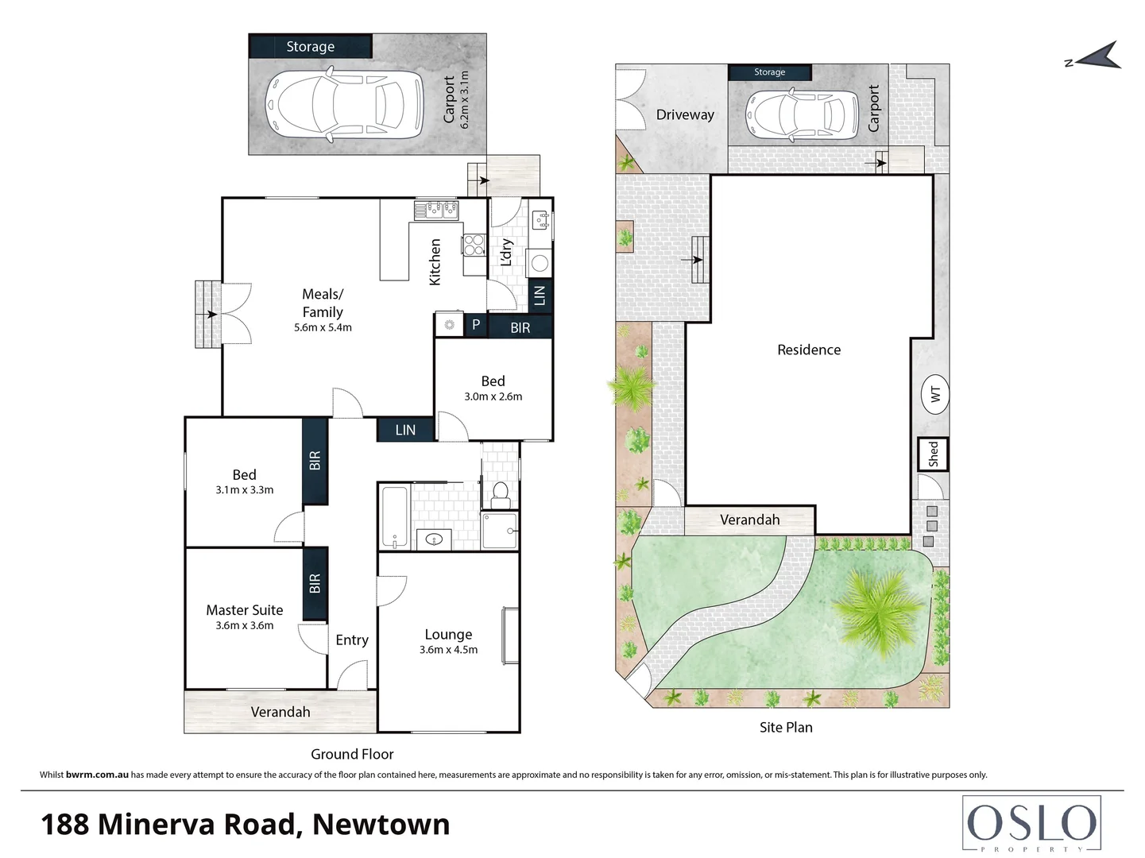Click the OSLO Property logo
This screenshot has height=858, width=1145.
coord(1031,824)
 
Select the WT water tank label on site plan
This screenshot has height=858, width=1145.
coord(935,393)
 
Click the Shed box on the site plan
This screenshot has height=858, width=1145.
coord(933,454)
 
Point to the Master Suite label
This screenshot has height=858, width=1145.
coord(244,610)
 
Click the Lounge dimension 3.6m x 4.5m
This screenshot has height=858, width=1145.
coord(448,650)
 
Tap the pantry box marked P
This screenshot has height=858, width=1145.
coord(476,324)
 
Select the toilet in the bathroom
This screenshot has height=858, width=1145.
coord(501,494)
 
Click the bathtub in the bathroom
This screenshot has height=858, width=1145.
coord(393,516)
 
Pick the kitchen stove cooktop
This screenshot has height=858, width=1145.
coord(474,245)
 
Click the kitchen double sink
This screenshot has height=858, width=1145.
coord(435,209)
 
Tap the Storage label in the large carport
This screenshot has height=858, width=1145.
coord(310,47)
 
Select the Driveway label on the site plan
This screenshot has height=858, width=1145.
coord(685,114)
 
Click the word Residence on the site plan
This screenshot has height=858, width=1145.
coord(808,350)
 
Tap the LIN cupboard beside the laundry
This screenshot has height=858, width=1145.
coord(540,296)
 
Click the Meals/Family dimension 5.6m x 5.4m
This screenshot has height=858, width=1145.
coord(323,327)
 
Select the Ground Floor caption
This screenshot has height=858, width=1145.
coord(352,754)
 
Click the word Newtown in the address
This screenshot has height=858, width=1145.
coord(381,825)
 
